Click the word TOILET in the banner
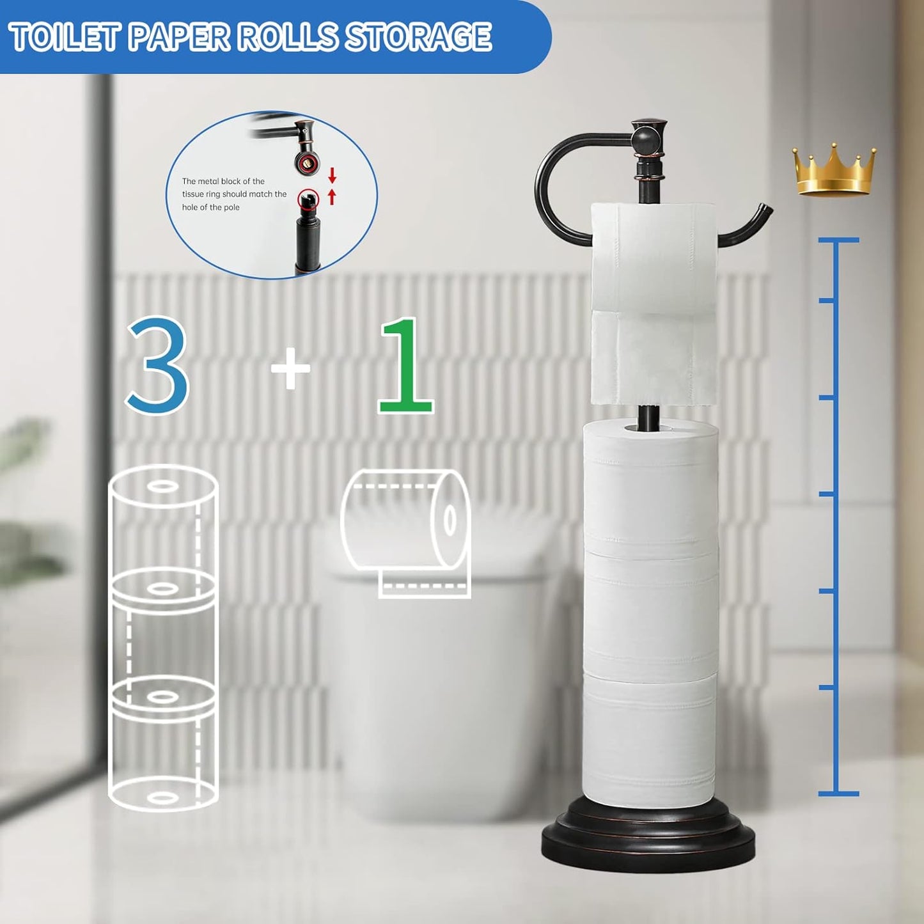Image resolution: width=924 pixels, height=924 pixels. point(65,36)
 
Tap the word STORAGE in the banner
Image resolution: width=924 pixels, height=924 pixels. point(419,36)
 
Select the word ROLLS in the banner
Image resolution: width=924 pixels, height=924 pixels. point(287,36)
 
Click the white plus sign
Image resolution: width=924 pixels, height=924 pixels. point(290,368)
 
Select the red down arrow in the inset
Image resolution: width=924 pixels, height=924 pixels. point(332,175)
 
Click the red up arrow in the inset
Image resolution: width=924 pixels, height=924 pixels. point(332,196)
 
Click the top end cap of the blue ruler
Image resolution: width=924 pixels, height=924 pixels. point(838,240)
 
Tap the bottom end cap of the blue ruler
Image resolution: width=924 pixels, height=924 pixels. point(838,794)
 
